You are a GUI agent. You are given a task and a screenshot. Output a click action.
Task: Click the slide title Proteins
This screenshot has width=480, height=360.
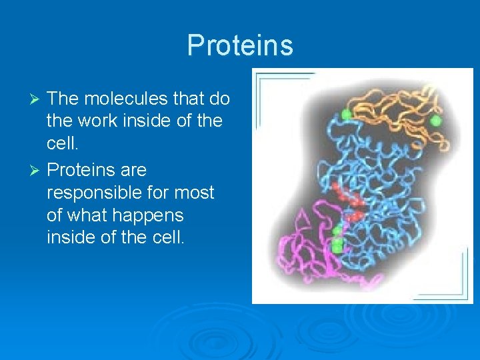tap(240, 45)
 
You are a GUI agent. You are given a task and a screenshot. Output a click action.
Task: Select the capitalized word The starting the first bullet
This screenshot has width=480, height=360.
tap(63, 99)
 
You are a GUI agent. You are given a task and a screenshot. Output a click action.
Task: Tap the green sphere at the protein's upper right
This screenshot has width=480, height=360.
tap(436, 121)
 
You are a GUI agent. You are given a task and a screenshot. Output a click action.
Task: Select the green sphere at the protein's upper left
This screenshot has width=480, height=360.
tap(346, 114)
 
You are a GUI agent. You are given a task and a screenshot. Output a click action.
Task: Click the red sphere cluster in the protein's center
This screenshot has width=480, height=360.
tap(350, 203)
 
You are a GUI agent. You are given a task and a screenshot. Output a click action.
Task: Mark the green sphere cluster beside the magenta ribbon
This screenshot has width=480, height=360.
tap(338, 240)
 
